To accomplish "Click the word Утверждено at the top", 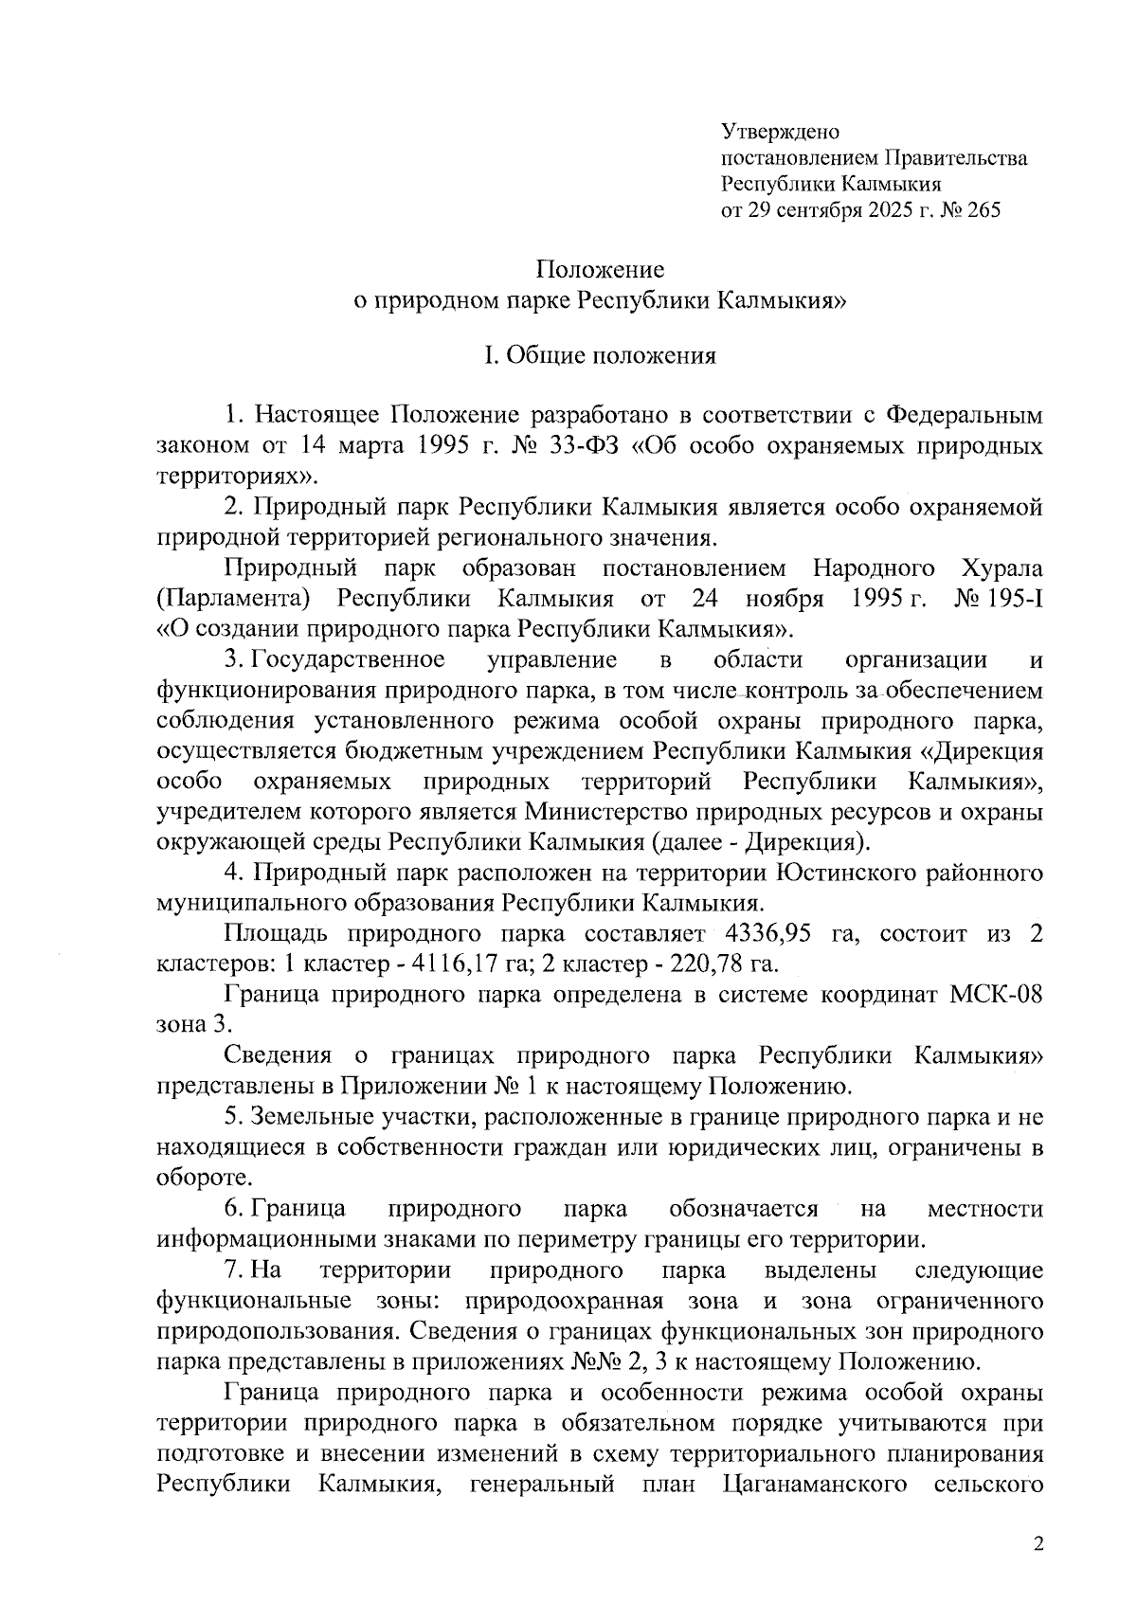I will [773, 131].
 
